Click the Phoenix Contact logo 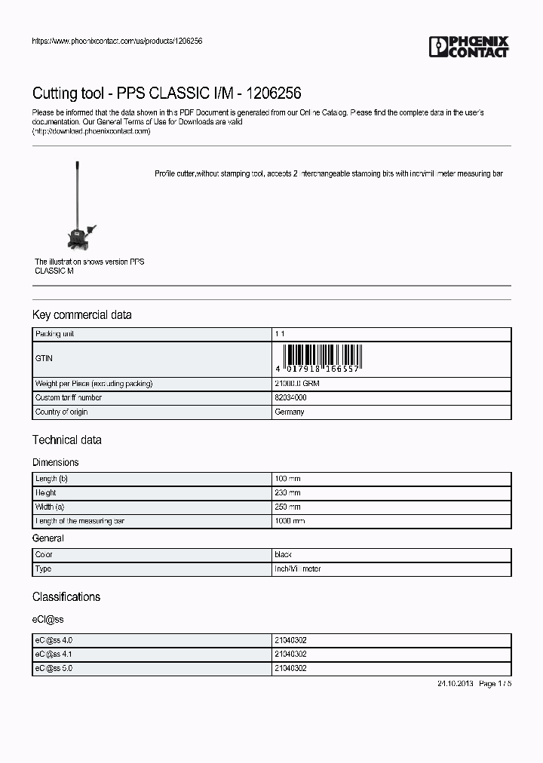(x=468, y=47)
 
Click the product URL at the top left (x=117, y=41)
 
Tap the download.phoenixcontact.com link (x=91, y=131)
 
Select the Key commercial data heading (x=81, y=314)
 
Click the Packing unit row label (x=55, y=333)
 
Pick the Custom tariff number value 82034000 (x=290, y=397)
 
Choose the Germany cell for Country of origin (x=290, y=412)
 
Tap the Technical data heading (x=66, y=440)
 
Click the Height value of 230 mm (x=288, y=493)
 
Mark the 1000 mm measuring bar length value (x=290, y=521)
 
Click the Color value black (x=284, y=554)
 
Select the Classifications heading (x=66, y=596)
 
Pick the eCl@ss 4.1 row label (x=54, y=654)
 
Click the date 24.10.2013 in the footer (x=454, y=683)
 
